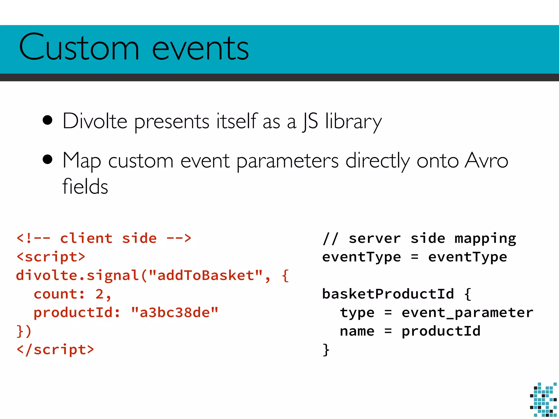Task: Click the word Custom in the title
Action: pyautogui.click(x=79, y=48)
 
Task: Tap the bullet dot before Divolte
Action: pyautogui.click(x=47, y=120)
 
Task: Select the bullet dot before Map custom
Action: pyautogui.click(x=47, y=160)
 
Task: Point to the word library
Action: pyautogui.click(x=353, y=122)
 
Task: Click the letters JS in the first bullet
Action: pyautogui.click(x=310, y=121)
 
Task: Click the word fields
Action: pyautogui.click(x=85, y=187)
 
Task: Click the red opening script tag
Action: pyautogui.click(x=51, y=257)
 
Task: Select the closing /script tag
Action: pyautogui.click(x=55, y=350)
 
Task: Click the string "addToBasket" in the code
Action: pyautogui.click(x=206, y=276)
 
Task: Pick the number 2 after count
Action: pyautogui.click(x=99, y=294)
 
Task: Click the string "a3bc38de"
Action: pyautogui.click(x=175, y=313)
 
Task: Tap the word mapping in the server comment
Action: pyautogui.click(x=485, y=239)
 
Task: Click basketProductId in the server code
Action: pyautogui.click(x=388, y=294)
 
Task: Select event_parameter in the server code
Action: pyautogui.click(x=467, y=313)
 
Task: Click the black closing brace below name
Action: pyautogui.click(x=326, y=350)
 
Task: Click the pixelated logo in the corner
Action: pyautogui.click(x=543, y=400)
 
